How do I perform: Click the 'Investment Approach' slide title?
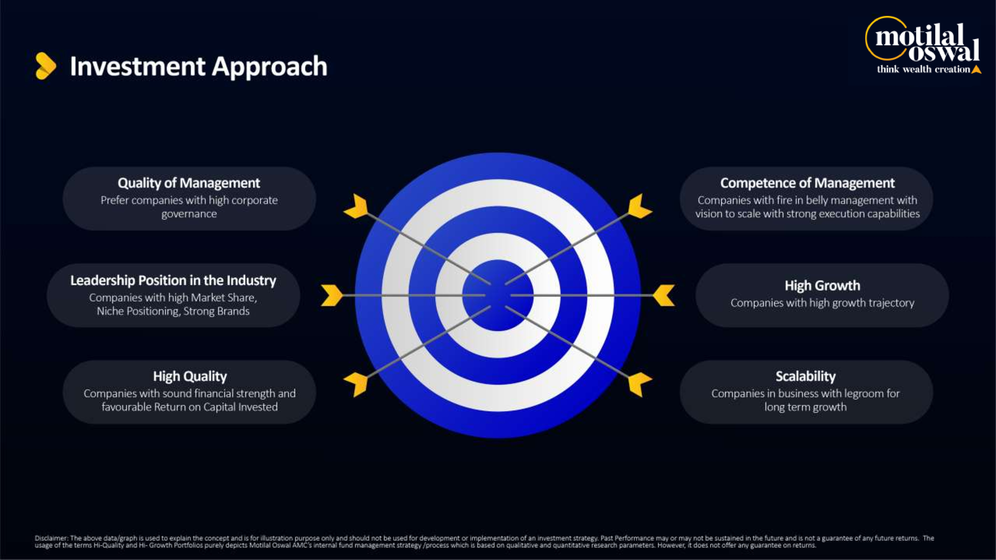click(199, 66)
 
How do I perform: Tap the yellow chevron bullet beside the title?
click(46, 66)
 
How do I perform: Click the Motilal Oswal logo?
click(923, 45)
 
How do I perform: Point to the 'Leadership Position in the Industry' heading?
click(173, 280)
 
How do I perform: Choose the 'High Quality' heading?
click(190, 376)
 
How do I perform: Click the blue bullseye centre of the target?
click(498, 295)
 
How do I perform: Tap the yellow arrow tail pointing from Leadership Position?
click(332, 295)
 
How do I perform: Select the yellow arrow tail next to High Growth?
click(664, 295)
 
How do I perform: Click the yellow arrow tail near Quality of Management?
click(356, 207)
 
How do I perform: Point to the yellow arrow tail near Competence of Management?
click(640, 207)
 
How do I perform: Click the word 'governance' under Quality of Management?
click(189, 214)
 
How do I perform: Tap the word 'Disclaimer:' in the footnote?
click(52, 538)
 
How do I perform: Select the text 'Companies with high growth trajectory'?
click(822, 303)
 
